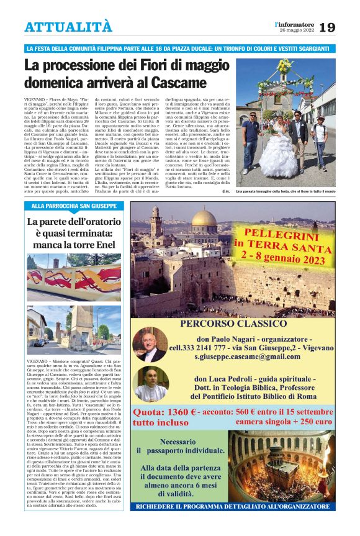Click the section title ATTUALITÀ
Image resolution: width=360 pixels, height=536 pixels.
coord(69,27)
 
